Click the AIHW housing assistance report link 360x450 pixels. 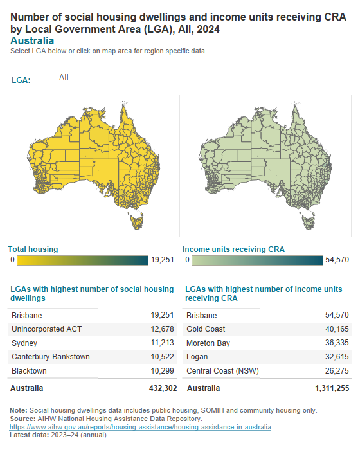(x=140, y=427)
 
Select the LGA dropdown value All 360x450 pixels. (x=64, y=77)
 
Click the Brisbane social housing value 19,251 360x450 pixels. (x=161, y=316)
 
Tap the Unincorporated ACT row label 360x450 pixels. (x=47, y=329)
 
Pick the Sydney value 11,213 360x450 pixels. (x=161, y=343)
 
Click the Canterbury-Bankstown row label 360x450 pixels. (x=51, y=357)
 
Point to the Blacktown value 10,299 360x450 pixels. (x=161, y=371)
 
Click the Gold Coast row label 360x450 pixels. (x=206, y=329)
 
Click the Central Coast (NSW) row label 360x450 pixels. (x=220, y=371)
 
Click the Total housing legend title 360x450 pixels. (x=33, y=249)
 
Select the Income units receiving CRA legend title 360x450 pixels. (x=233, y=249)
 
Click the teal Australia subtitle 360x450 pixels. (x=32, y=40)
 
